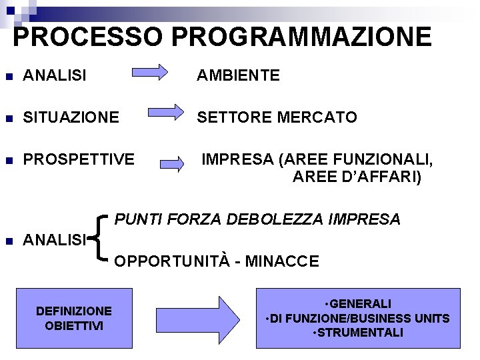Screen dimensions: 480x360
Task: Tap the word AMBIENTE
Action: point(238,76)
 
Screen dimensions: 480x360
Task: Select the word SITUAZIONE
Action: point(71,117)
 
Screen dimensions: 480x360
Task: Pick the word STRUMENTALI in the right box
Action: point(359,332)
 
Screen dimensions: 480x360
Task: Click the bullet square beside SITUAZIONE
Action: point(8,118)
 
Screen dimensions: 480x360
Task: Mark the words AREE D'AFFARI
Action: point(357,177)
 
